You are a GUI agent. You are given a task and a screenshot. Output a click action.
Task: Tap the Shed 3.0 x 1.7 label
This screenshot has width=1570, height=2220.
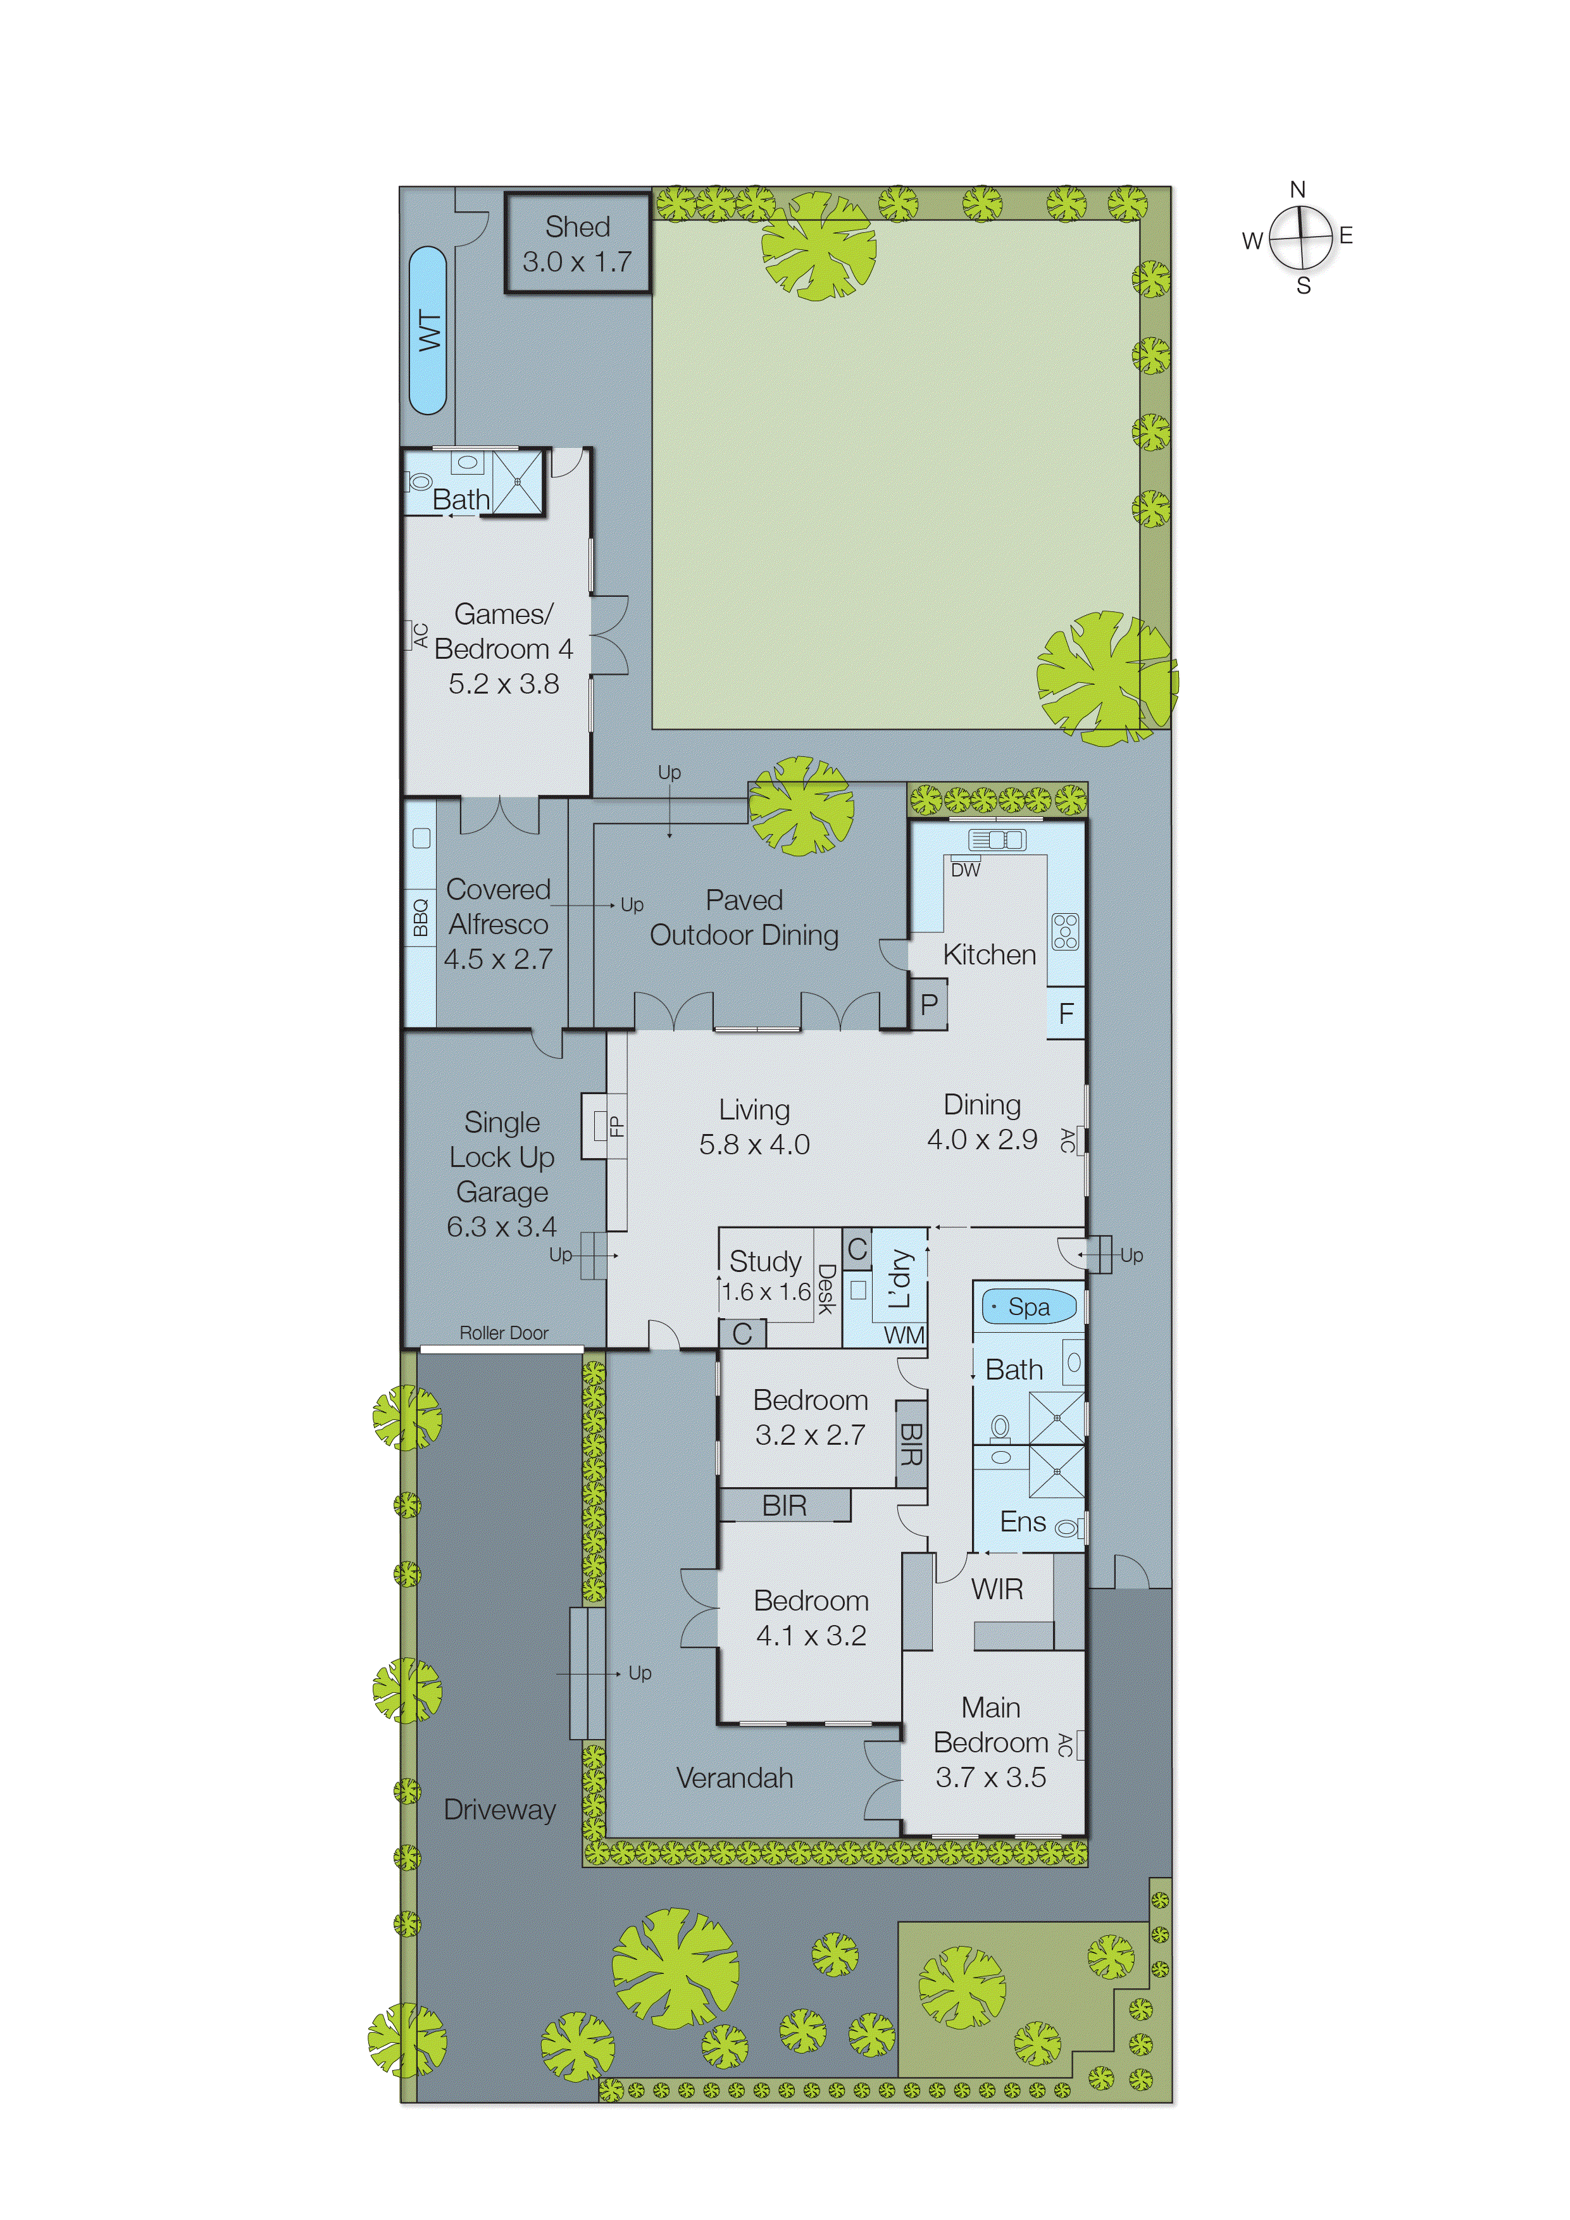point(577,244)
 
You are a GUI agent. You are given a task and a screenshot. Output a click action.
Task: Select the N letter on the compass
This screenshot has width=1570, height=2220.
point(1297,189)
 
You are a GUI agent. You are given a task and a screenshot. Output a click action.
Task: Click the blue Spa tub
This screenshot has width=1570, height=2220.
point(1028,1306)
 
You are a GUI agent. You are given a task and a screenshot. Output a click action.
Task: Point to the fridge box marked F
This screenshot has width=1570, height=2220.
point(1066,1013)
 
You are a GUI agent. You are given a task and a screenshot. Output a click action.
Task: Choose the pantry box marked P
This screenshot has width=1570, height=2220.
point(929,1004)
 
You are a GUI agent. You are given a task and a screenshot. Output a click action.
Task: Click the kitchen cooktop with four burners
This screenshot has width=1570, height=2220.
point(1066,930)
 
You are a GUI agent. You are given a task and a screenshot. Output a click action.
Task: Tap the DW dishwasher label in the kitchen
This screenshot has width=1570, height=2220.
point(965,870)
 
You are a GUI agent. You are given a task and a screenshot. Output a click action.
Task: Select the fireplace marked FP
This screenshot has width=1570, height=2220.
point(616,1125)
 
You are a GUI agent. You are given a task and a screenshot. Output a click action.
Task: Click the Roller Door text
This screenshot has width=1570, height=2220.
point(504,1332)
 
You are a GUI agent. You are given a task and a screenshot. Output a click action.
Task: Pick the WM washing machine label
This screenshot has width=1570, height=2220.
point(904,1335)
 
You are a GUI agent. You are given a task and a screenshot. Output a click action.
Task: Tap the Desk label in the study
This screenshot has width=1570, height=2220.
point(826,1289)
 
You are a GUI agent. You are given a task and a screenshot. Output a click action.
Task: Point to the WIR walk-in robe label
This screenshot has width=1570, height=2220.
point(997,1588)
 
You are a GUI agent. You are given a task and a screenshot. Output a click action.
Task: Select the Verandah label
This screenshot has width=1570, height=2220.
point(735,1777)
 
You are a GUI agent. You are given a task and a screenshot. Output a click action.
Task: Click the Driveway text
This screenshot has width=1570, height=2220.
point(500,1809)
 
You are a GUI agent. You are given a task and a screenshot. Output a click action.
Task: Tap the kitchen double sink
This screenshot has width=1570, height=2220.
point(998,839)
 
